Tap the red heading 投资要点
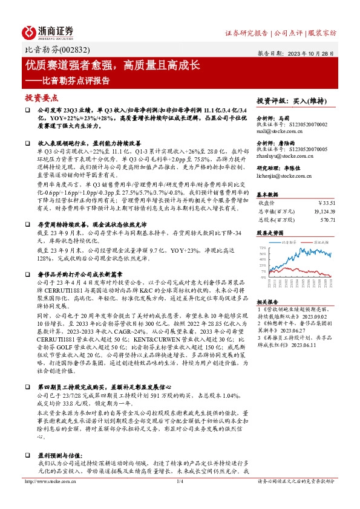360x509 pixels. coord(41,97)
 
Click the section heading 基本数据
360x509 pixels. coord(268,194)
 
